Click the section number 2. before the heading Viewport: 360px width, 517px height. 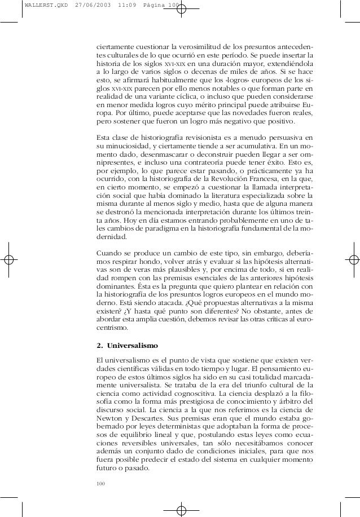pos(100,345)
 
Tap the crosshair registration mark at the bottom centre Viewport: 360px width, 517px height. pos(181,509)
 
